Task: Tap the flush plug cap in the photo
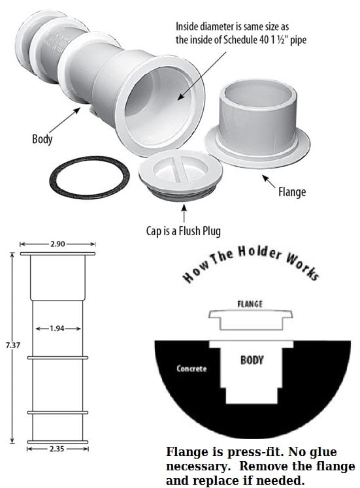point(180,175)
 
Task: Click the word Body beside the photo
point(42,138)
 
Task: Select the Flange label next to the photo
point(292,191)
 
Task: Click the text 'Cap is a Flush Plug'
point(184,231)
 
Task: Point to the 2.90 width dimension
point(57,244)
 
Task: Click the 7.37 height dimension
point(12,345)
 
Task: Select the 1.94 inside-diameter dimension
point(57,329)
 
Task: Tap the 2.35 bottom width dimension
point(57,449)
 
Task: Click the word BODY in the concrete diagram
point(252,360)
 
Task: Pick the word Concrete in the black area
point(191,369)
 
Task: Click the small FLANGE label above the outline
point(250,304)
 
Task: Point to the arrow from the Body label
point(65,120)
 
